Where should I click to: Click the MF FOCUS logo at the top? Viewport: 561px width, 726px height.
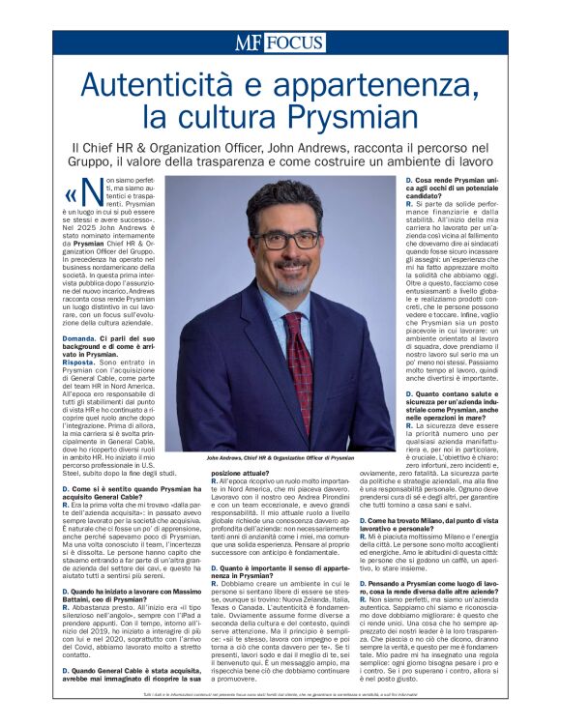280,43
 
